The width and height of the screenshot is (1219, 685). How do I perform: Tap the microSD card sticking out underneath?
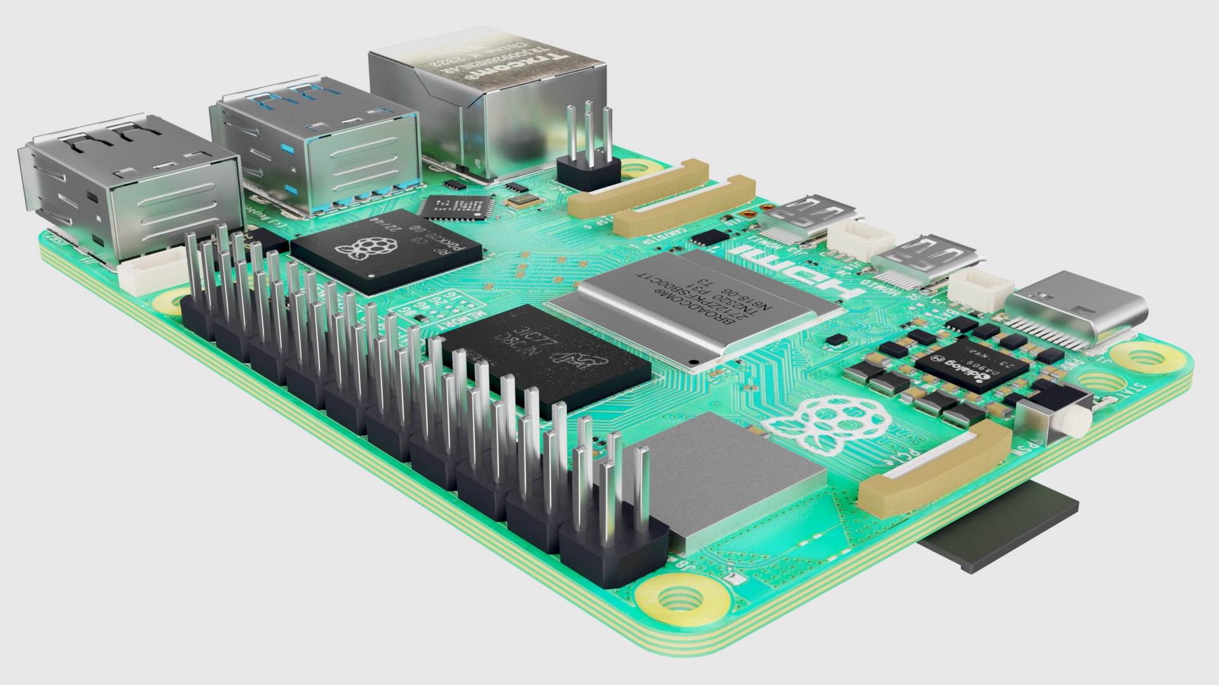[1003, 526]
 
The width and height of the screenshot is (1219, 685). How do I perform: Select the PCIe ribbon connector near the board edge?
[933, 469]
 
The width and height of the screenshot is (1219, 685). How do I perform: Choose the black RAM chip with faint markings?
[546, 358]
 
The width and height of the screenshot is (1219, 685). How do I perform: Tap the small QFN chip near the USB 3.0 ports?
[456, 207]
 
